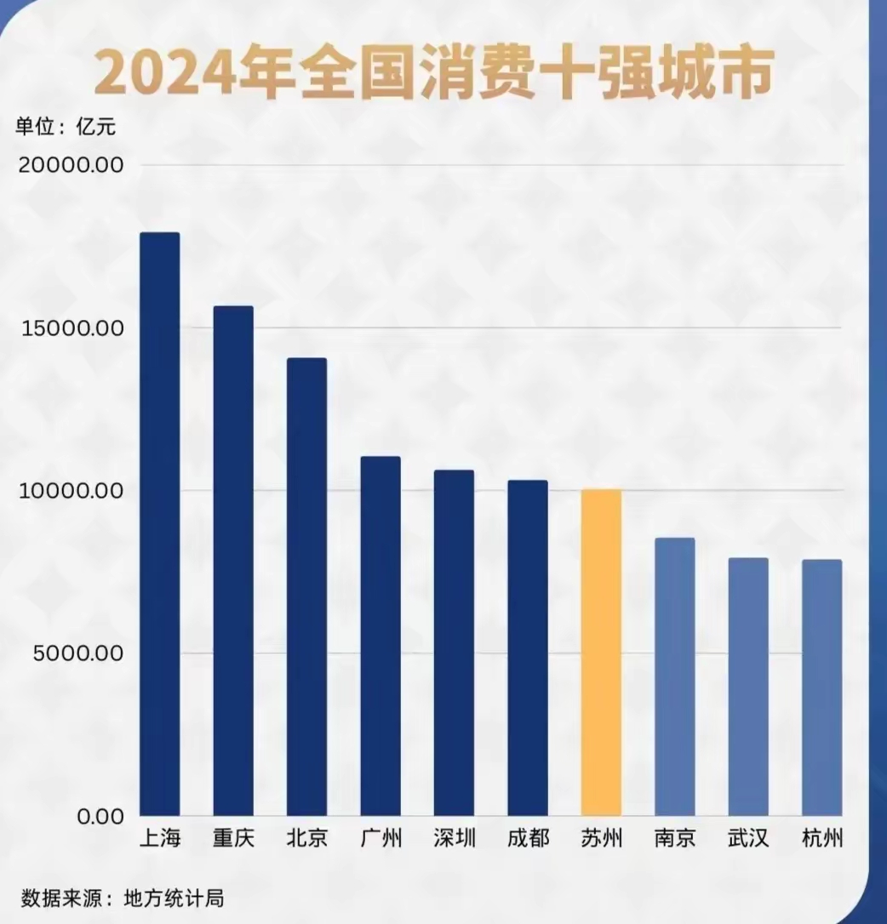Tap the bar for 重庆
tap(232, 561)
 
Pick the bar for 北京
tap(306, 587)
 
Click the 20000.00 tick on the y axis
tap(71, 165)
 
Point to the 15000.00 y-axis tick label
tap(71, 328)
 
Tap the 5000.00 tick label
tap(77, 653)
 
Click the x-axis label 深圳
tap(454, 838)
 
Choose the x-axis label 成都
tap(528, 838)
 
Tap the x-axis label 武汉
tap(748, 838)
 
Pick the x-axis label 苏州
tap(601, 838)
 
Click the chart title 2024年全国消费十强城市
tap(434, 73)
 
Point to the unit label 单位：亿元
tap(65, 128)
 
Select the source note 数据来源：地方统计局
tap(123, 898)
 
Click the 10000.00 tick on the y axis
tap(71, 491)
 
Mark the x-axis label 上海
tap(159, 838)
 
